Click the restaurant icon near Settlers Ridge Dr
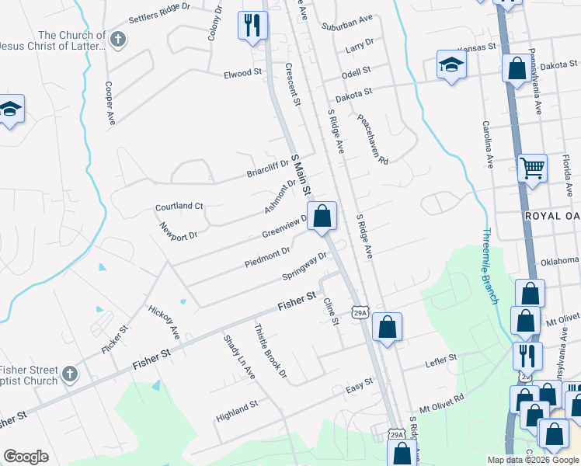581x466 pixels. pos(252,26)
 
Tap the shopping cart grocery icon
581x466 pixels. pos(532,168)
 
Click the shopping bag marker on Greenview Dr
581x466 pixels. pos(322,216)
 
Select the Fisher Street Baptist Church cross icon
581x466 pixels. pos(69,374)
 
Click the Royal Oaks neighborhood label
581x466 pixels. pos(552,215)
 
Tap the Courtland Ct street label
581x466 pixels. pos(179,207)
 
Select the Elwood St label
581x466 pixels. pos(243,73)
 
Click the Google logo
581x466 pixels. pos(26,456)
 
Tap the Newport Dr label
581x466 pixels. pos(179,232)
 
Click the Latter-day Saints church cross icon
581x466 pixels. pos(118,40)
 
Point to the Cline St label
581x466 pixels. pos(332,312)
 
